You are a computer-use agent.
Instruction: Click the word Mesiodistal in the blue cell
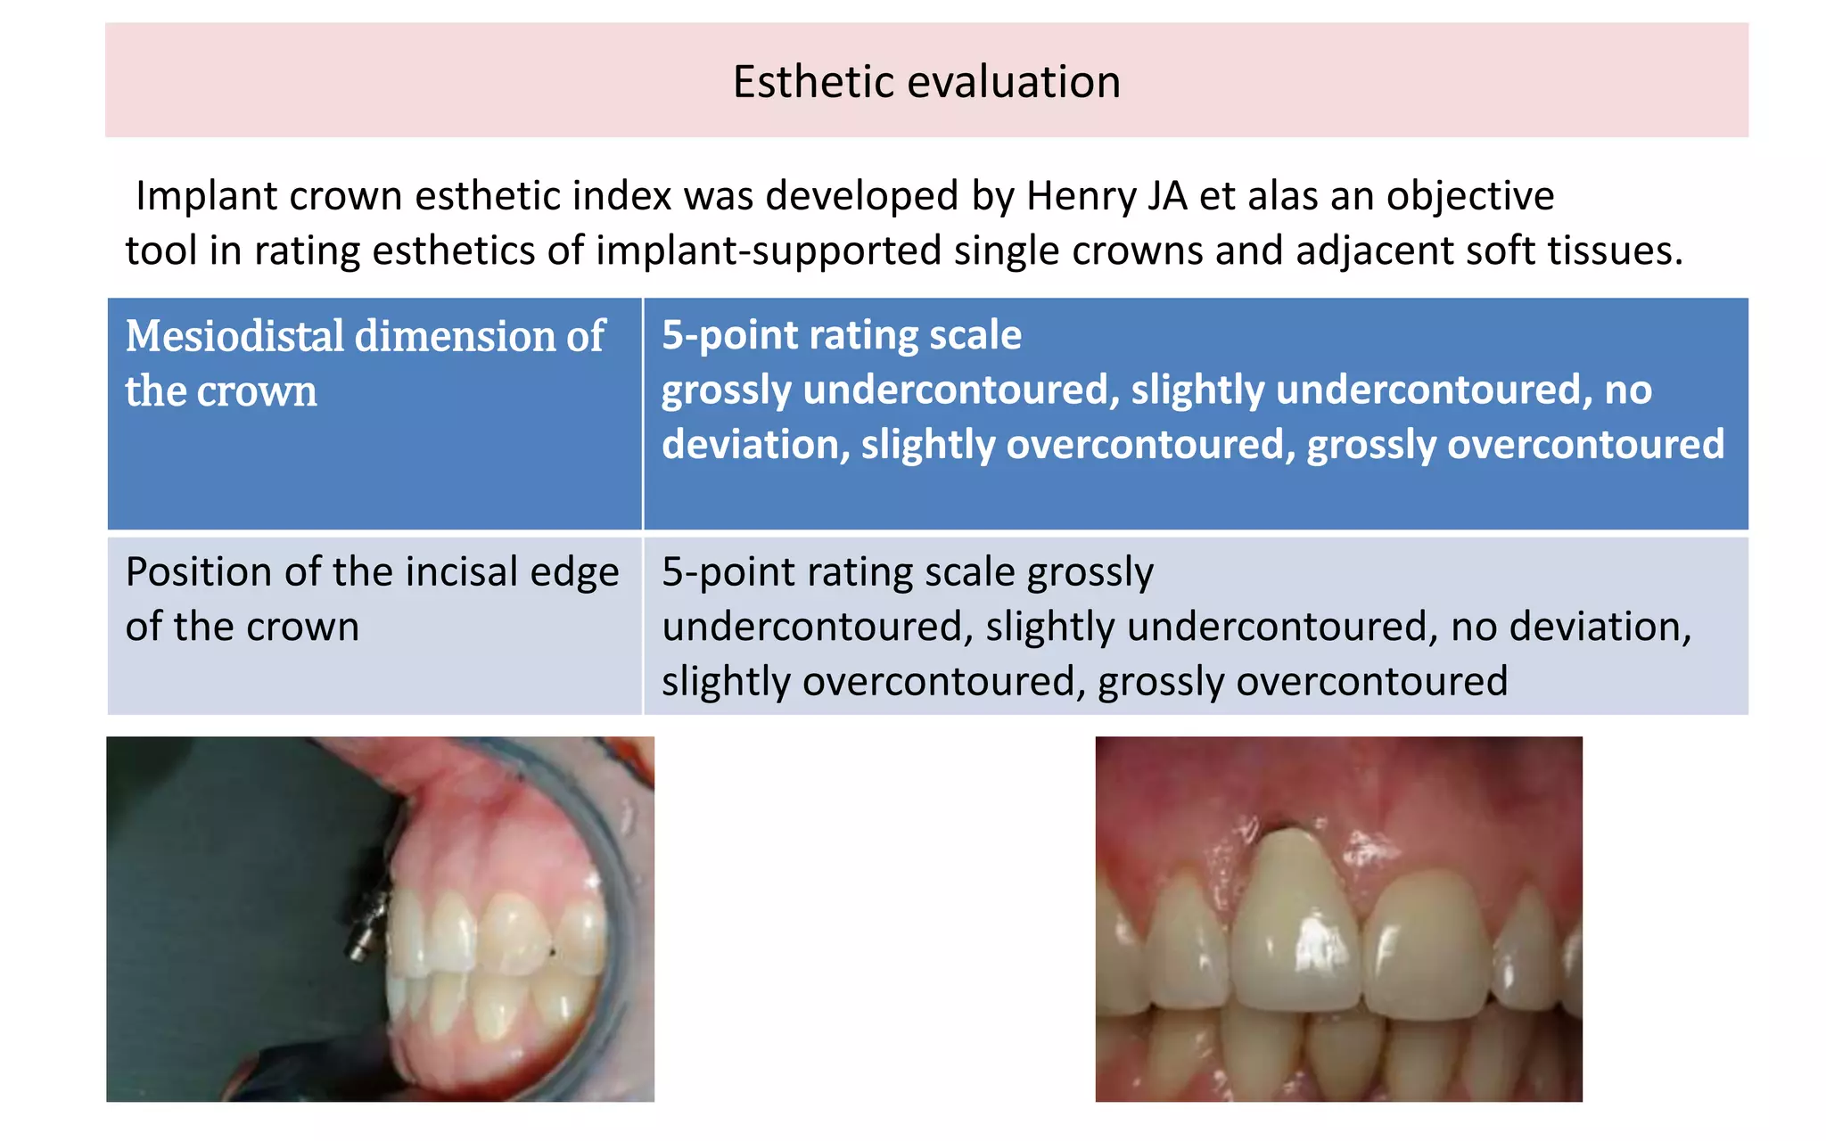point(234,337)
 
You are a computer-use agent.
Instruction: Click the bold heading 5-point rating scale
point(841,335)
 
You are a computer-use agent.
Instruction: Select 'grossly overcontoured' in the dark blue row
point(1515,444)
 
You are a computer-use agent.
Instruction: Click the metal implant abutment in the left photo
point(367,923)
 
